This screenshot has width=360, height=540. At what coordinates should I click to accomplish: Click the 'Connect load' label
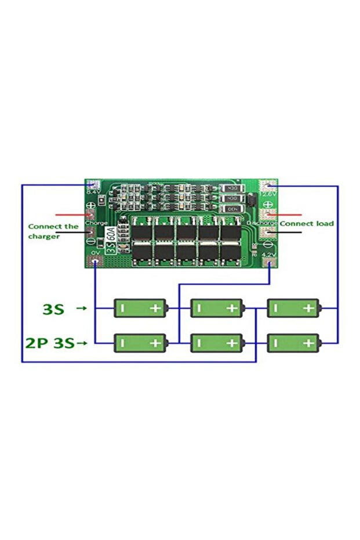[307, 223]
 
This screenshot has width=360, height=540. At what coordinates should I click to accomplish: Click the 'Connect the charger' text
[53, 231]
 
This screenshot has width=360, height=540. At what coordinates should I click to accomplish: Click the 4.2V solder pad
[268, 263]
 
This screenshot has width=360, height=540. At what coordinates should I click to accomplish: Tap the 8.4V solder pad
[92, 185]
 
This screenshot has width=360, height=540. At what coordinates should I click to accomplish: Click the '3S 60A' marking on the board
[111, 237]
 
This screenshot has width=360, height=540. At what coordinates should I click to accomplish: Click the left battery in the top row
[140, 308]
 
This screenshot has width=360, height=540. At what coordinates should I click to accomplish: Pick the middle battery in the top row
[217, 308]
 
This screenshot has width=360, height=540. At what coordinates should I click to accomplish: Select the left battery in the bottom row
[140, 343]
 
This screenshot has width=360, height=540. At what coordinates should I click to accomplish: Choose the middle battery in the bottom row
[217, 343]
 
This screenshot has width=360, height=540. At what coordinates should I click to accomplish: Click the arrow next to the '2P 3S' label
[82, 343]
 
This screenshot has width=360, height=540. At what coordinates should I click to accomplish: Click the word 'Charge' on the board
[95, 223]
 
